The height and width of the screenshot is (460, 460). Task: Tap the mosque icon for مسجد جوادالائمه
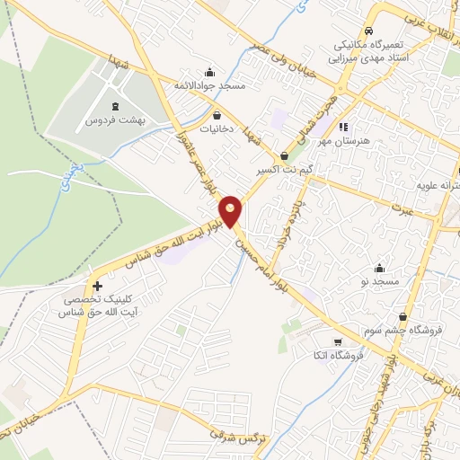tap(210, 73)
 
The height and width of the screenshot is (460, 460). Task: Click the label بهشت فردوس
tap(116, 119)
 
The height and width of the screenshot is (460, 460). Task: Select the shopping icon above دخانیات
tap(217, 115)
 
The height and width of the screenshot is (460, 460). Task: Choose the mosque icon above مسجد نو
tap(379, 267)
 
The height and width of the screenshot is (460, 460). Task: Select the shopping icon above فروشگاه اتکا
tap(337, 341)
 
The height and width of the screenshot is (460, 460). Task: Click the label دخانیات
tap(217, 129)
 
